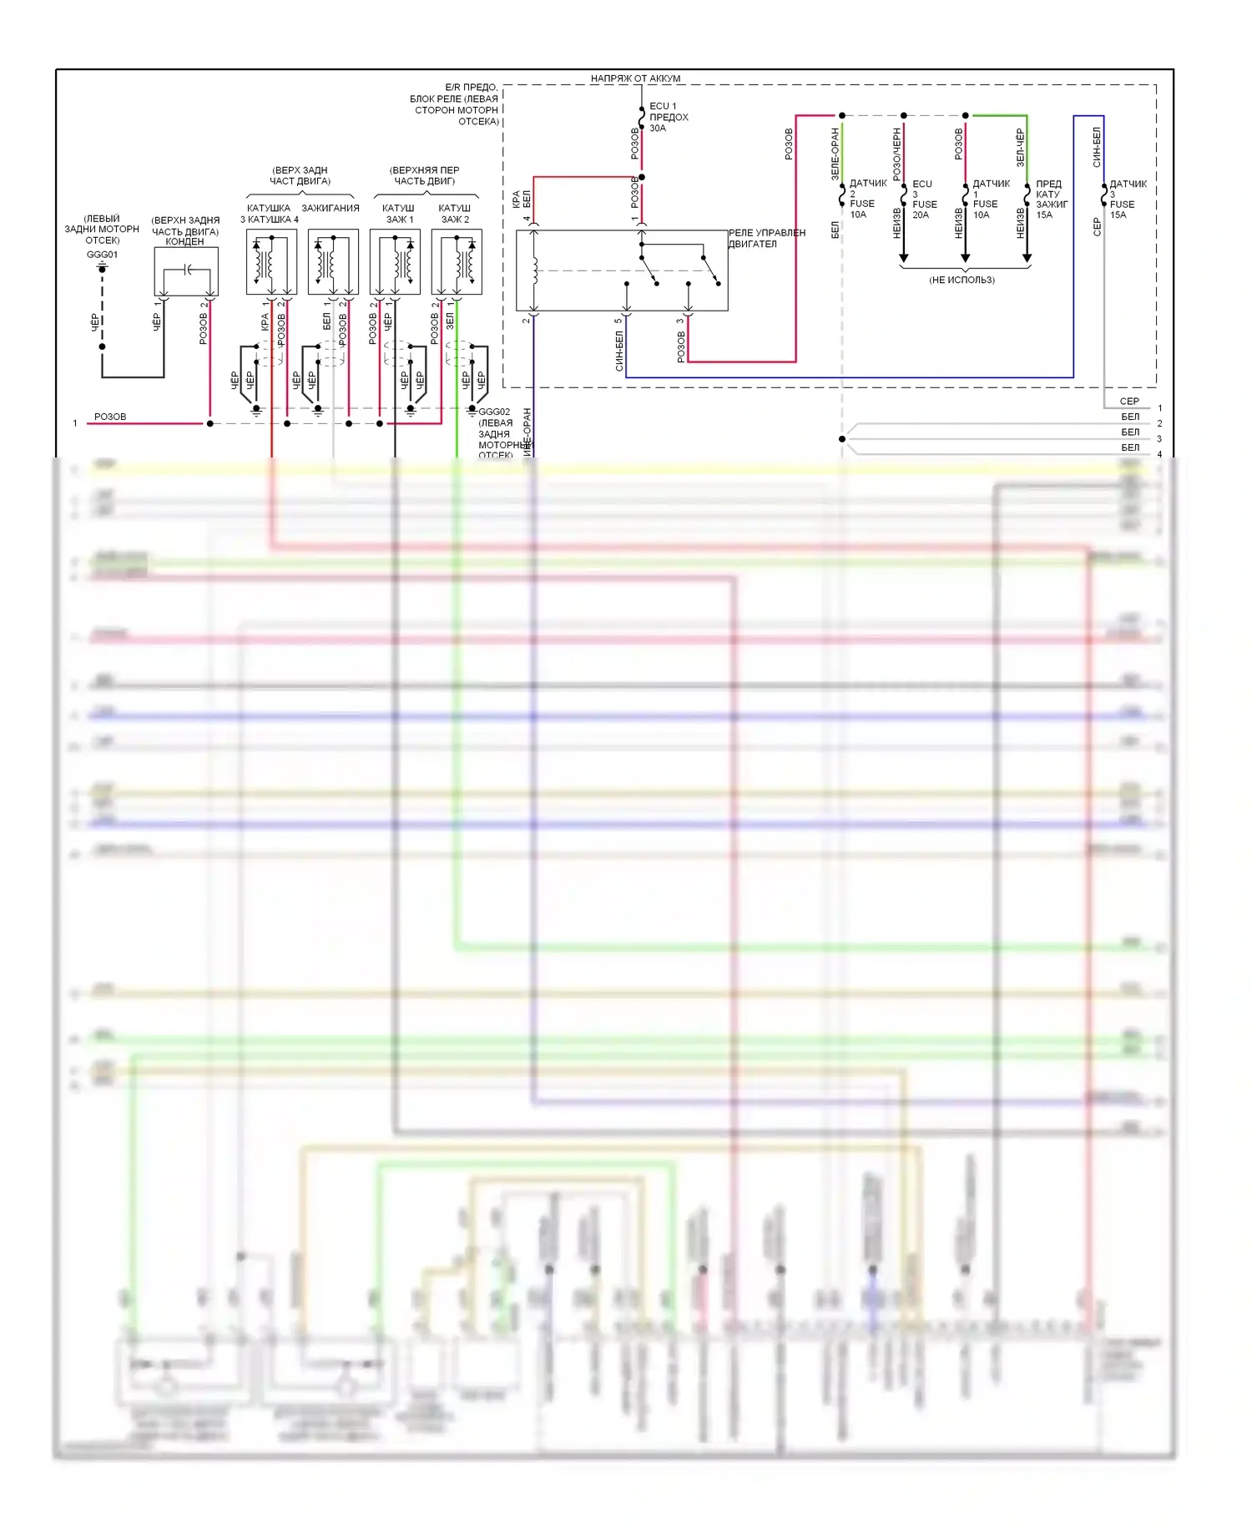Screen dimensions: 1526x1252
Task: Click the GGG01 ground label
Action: pyautogui.click(x=102, y=255)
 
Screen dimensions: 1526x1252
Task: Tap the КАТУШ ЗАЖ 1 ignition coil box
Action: pyautogui.click(x=395, y=262)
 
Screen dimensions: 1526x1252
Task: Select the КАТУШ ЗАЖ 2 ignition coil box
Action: pyautogui.click(x=457, y=262)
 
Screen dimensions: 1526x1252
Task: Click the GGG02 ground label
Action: pyautogui.click(x=494, y=412)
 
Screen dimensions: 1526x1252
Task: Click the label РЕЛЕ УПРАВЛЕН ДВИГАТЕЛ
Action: pyautogui.click(x=766, y=239)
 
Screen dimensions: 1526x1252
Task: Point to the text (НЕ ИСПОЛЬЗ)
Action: pyautogui.click(x=962, y=280)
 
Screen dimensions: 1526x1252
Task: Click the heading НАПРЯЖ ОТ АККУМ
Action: pyautogui.click(x=635, y=78)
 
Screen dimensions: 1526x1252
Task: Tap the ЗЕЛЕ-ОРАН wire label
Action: pyautogui.click(x=835, y=154)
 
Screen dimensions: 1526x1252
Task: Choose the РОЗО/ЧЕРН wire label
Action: pyautogui.click(x=896, y=154)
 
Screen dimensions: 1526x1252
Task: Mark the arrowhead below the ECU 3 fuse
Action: pyautogui.click(x=904, y=258)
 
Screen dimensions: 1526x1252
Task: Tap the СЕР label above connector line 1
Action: pyautogui.click(x=1129, y=402)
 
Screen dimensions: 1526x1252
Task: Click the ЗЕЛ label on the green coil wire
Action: pyautogui.click(x=450, y=321)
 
